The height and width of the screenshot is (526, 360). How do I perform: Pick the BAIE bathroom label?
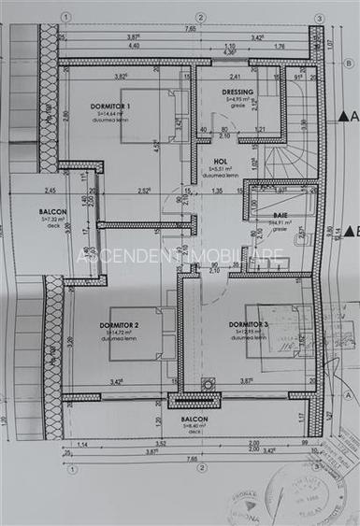point(280,214)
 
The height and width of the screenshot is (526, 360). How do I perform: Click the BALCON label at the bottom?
point(194,421)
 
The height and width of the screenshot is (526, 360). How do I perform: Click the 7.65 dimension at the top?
point(191,29)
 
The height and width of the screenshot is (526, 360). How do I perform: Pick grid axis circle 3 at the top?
point(319,18)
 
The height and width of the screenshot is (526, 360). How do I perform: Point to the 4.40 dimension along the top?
point(135,45)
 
